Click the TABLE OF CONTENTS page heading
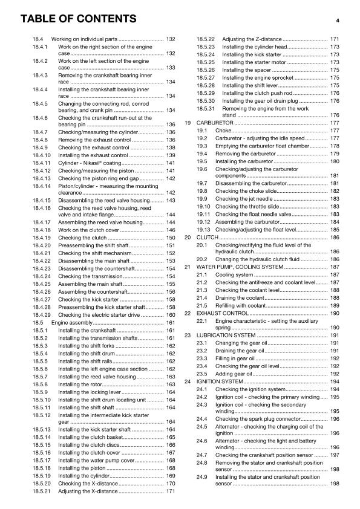(78, 19)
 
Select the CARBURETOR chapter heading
(216, 123)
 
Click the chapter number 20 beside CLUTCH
(188, 238)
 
